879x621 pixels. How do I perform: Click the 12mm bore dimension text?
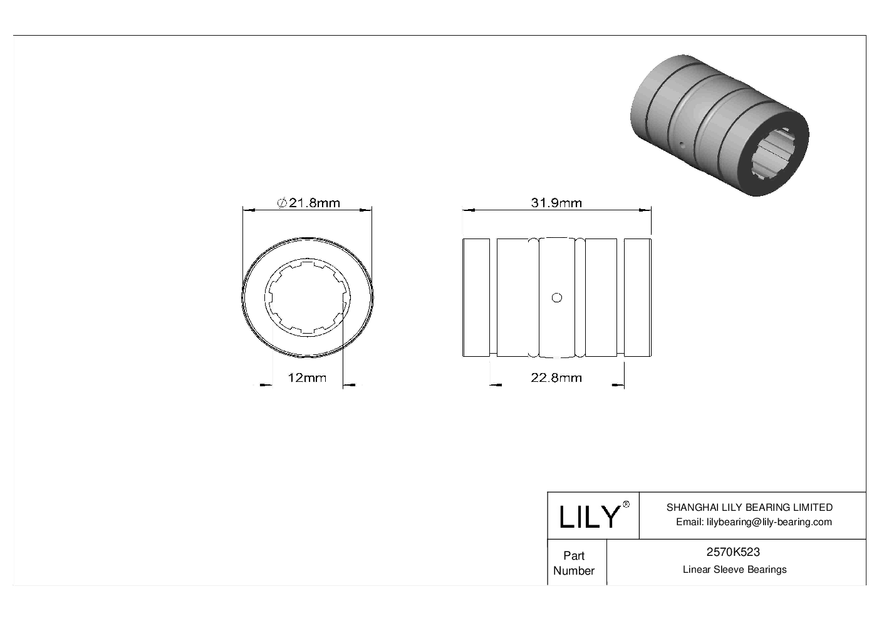(x=306, y=377)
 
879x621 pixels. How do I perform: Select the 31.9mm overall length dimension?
(x=556, y=203)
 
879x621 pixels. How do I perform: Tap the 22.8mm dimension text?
(x=556, y=377)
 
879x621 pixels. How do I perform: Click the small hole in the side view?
(x=556, y=298)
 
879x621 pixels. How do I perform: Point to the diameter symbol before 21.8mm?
(x=282, y=203)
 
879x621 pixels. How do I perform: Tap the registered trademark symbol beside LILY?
(x=626, y=505)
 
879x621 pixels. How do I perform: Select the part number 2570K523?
(x=733, y=552)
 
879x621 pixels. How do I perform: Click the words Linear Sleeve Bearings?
(x=734, y=570)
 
